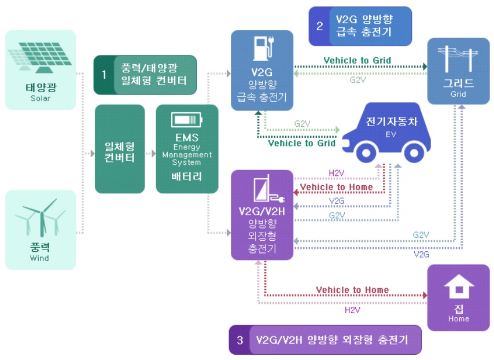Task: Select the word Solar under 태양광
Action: (40, 98)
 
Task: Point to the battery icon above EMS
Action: (187, 120)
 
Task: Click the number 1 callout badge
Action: (104, 75)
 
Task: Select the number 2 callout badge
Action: (319, 26)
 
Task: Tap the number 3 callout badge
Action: (239, 340)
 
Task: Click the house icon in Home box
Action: (458, 288)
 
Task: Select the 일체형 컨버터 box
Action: (120, 149)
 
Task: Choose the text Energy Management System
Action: (187, 155)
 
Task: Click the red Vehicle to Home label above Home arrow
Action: (352, 290)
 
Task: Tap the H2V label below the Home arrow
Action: (352, 310)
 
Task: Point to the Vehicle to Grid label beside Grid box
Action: (357, 60)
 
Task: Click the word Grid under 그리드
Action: (458, 94)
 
